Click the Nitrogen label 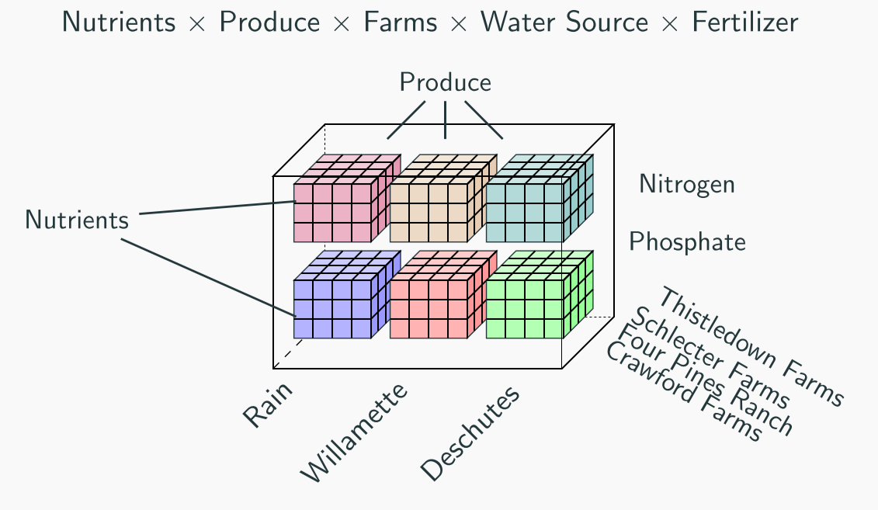[x=686, y=184]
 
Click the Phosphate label [x=687, y=242]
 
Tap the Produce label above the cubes [x=445, y=82]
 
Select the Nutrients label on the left [x=76, y=220]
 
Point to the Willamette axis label [x=354, y=433]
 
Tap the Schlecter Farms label [x=711, y=358]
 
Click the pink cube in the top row [x=334, y=211]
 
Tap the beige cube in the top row [x=430, y=211]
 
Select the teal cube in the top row [x=526, y=211]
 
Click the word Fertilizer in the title [x=744, y=23]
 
